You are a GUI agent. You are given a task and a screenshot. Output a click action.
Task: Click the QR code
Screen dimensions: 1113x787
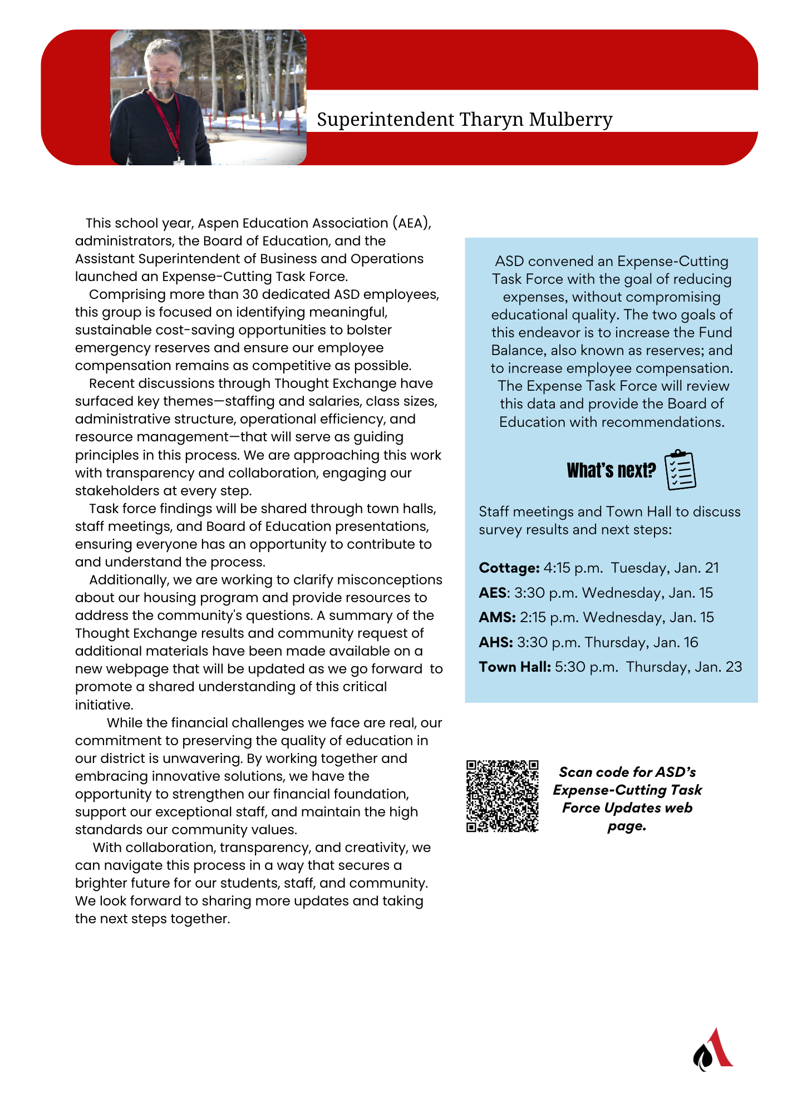point(502,796)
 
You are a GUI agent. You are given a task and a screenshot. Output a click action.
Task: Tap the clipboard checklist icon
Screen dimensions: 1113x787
point(680,470)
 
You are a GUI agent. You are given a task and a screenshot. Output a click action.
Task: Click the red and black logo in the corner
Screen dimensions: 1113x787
point(712,1050)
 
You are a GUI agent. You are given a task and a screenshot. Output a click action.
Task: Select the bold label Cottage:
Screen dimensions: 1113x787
point(509,568)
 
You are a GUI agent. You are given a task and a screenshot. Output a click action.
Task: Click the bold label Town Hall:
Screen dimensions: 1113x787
point(515,667)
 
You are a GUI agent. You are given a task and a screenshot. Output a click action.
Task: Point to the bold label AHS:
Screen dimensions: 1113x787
point(496,642)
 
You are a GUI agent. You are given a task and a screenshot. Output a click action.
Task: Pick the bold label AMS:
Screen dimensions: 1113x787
point(498,617)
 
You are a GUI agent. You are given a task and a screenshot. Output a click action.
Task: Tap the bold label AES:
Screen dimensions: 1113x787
point(494,593)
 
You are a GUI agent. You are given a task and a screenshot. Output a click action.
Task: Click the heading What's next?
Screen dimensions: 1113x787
point(611,471)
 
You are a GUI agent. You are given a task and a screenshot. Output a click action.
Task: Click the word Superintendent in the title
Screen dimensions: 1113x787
point(386,120)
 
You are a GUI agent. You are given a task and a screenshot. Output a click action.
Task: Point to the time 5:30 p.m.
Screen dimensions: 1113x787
point(586,667)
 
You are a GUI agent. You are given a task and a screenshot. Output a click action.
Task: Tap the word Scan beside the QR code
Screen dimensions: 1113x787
point(576,772)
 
